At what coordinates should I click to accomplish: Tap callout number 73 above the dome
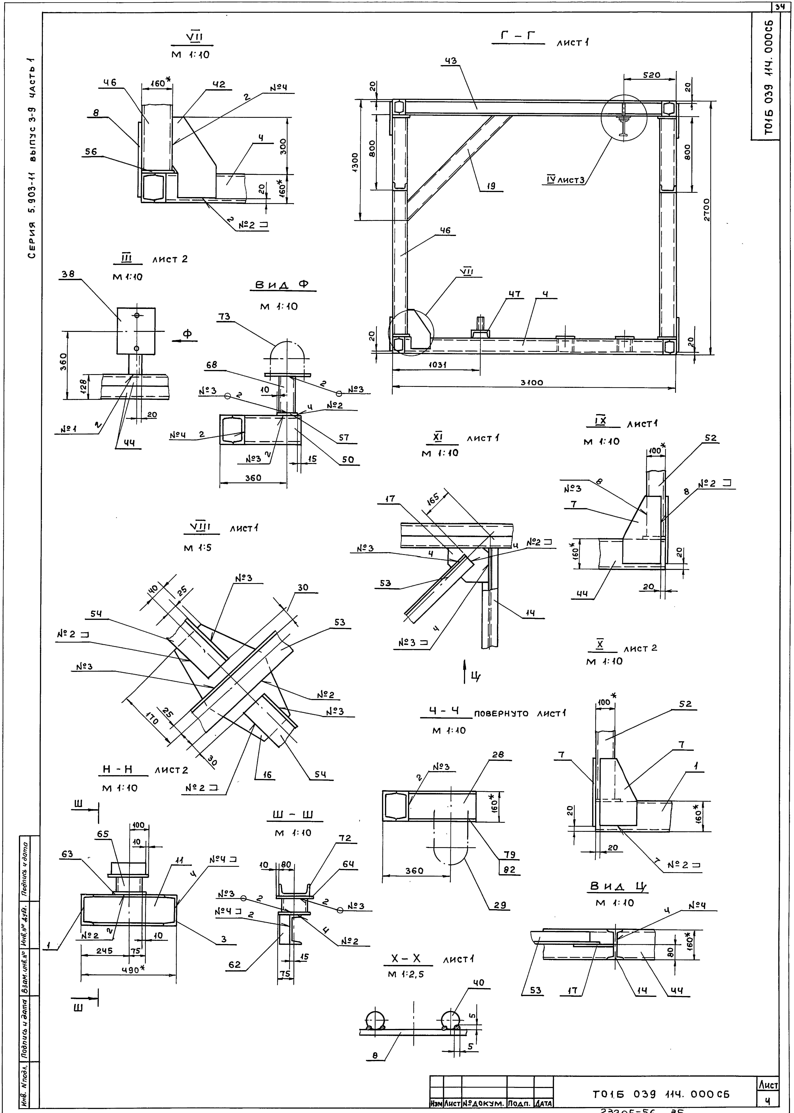point(224,317)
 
